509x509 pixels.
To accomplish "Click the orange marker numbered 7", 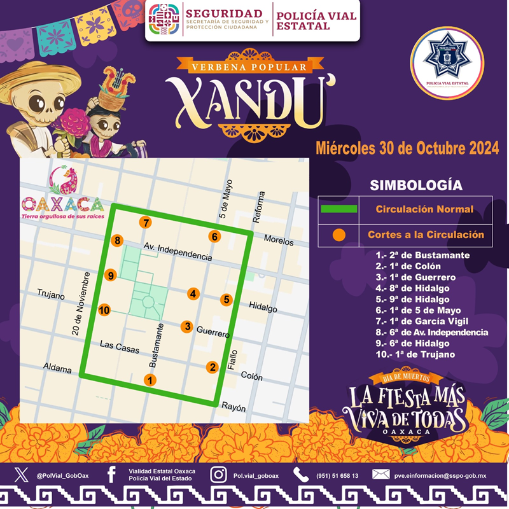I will coord(146,223).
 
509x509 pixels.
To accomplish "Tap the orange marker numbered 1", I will coord(150,380).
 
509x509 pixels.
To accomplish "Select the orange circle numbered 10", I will coord(104,310).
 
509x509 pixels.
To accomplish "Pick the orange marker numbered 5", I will coord(226,300).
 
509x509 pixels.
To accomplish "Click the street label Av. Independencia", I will coord(178,251).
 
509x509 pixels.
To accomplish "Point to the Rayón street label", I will coord(233,408).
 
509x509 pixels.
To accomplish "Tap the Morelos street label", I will coord(279,242).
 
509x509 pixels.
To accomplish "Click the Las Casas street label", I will coord(120,344).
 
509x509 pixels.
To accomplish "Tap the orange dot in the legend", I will coord(339,235).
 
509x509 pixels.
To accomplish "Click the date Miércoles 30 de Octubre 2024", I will coord(407,148).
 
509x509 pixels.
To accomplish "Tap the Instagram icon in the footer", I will coord(218,475).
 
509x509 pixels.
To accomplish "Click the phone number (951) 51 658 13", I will coord(337,475).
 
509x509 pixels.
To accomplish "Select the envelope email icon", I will coord(380,475).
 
